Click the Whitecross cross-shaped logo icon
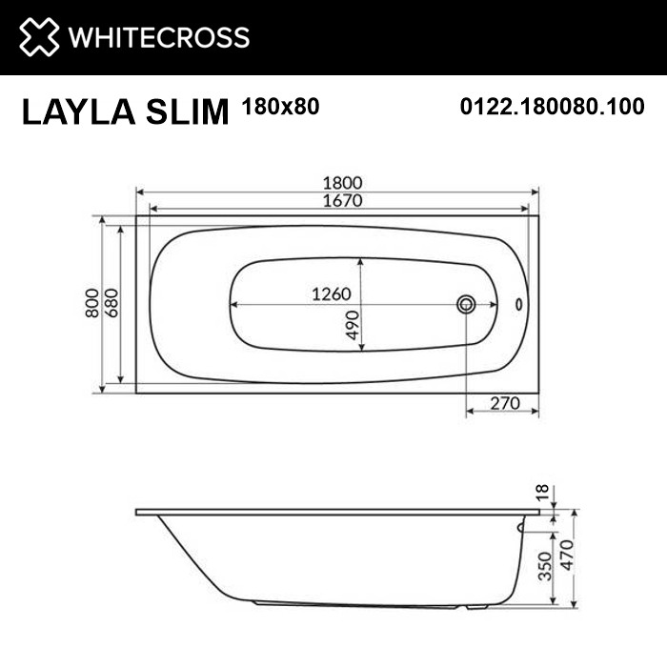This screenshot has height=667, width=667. (37, 37)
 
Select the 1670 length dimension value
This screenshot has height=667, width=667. (338, 201)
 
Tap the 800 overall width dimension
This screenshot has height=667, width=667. (92, 303)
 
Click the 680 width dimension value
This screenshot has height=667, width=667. (111, 303)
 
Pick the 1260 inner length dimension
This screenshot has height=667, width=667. (332, 294)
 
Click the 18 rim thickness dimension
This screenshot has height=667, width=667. (542, 493)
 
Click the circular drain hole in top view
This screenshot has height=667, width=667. (466, 305)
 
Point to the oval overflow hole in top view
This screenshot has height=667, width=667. (518, 305)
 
